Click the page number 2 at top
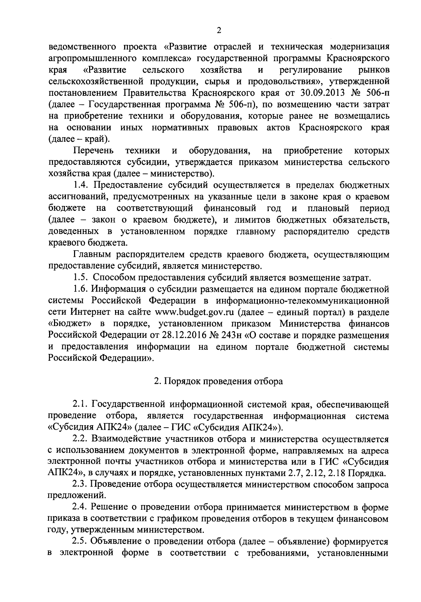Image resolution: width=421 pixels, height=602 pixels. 219,31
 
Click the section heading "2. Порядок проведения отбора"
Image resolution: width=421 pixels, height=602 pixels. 219,381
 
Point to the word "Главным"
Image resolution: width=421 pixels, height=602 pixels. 92,255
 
